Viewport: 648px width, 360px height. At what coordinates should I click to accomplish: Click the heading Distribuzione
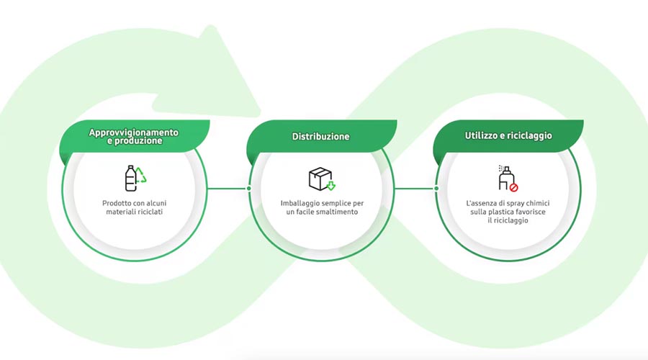click(320, 136)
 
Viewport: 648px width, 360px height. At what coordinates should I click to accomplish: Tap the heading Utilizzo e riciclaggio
click(508, 135)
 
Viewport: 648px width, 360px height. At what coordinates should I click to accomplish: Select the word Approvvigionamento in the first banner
click(133, 132)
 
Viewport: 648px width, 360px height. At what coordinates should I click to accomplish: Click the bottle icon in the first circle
click(130, 179)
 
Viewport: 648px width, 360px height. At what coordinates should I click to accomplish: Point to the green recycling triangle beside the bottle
click(141, 175)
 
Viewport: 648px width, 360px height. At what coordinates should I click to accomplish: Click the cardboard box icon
click(320, 179)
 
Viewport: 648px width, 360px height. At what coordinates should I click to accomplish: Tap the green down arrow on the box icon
click(331, 186)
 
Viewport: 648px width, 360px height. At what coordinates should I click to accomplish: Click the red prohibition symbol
click(513, 188)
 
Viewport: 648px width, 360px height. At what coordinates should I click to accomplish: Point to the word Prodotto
click(117, 203)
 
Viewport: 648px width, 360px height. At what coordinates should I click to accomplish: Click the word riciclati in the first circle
click(151, 212)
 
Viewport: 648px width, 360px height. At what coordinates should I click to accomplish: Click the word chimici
click(538, 203)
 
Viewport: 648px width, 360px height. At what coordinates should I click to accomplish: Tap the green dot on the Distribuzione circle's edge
click(249, 189)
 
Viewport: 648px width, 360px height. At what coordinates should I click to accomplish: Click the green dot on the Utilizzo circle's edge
click(436, 189)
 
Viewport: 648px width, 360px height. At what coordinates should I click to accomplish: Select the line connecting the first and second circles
click(228, 189)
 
